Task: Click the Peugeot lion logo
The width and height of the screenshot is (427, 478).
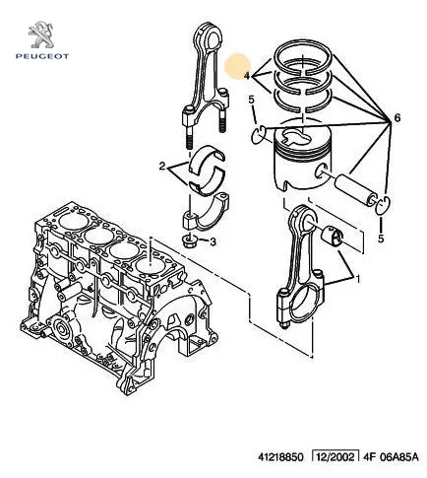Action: (x=42, y=34)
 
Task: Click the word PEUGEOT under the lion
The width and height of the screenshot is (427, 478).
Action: (x=42, y=56)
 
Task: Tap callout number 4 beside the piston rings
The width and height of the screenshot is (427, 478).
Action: (x=247, y=76)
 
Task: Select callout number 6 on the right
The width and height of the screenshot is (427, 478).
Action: (x=397, y=117)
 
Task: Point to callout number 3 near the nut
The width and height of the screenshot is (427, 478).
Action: (x=213, y=242)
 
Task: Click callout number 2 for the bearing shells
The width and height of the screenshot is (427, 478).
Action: (x=162, y=167)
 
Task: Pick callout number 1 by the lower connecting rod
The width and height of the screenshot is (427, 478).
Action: (x=358, y=279)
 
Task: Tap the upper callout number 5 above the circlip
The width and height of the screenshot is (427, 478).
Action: (x=251, y=99)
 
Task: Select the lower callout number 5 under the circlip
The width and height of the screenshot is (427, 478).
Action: (x=381, y=239)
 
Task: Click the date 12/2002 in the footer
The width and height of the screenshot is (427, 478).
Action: (x=335, y=457)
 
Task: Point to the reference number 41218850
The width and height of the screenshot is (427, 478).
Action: (x=280, y=457)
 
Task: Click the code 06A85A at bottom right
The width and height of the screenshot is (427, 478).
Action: (x=398, y=457)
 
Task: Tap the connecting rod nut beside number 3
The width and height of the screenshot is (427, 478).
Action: (x=190, y=240)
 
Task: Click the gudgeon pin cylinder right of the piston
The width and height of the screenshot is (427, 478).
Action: (x=356, y=190)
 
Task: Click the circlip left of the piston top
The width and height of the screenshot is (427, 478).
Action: (x=259, y=135)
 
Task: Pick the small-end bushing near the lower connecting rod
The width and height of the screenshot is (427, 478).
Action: (x=333, y=236)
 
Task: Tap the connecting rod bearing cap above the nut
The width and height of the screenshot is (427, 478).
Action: (x=205, y=213)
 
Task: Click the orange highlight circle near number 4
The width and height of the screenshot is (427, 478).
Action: (x=237, y=67)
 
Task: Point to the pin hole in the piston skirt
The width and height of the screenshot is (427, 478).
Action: (x=320, y=171)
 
